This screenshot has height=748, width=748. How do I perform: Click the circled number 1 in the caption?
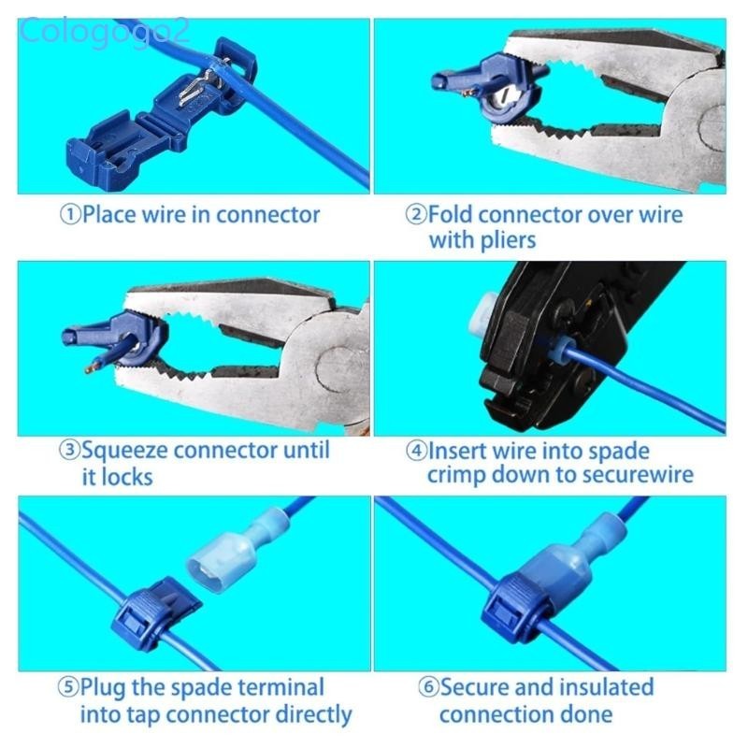coord(70,215)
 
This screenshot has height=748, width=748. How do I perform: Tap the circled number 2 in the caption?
coord(416,215)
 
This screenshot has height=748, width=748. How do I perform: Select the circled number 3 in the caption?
coord(70,451)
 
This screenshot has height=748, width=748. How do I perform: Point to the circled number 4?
coord(416,451)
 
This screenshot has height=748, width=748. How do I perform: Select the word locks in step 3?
coord(126,477)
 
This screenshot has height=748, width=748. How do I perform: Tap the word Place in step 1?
coord(109,215)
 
